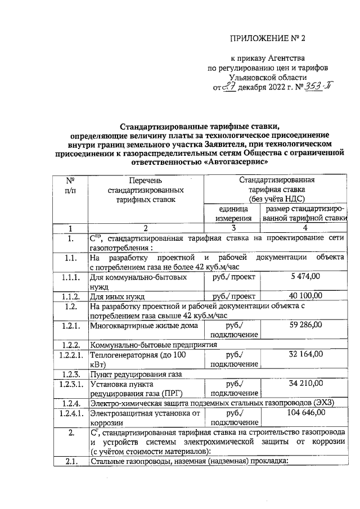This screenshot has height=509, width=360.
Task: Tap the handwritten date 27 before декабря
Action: (x=227, y=87)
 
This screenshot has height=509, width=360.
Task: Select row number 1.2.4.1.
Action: (x=70, y=413)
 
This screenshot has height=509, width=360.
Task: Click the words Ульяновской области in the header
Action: (x=268, y=78)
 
